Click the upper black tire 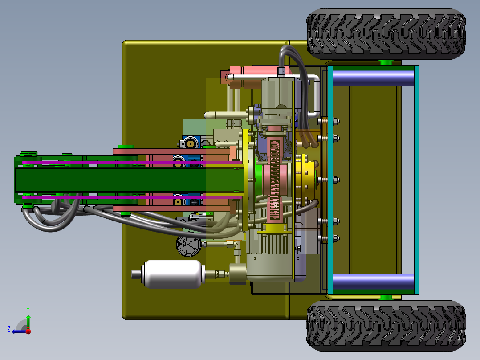click(x=386, y=34)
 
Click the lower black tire click(x=386, y=326)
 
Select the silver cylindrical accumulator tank click(x=171, y=274)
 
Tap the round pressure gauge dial click(x=189, y=245)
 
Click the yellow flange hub click(x=306, y=179)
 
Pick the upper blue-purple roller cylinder click(x=374, y=78)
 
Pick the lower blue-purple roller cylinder click(x=374, y=282)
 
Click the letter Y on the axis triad click(x=28, y=310)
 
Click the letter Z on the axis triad click(x=9, y=329)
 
